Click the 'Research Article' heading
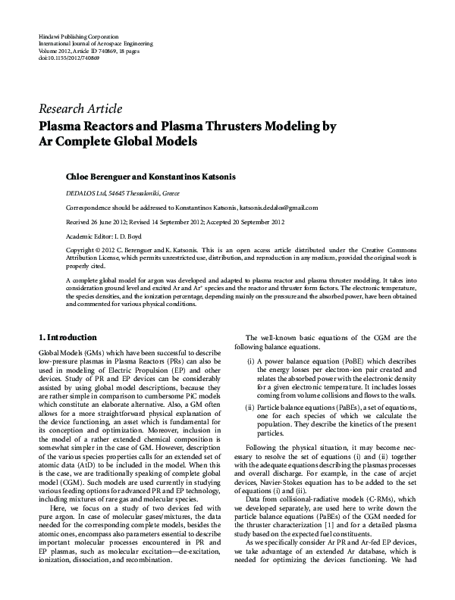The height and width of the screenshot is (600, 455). pyautogui.click(x=79, y=108)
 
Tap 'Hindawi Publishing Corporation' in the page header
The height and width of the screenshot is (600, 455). pyautogui.click(x=77, y=36)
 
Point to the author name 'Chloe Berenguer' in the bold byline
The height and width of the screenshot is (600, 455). pyautogui.click(x=101, y=176)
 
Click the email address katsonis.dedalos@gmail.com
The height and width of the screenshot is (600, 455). pyautogui.click(x=278, y=207)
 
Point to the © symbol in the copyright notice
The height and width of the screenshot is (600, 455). pyautogui.click(x=99, y=249)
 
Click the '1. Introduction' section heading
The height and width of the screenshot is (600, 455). pyautogui.click(x=67, y=337)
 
